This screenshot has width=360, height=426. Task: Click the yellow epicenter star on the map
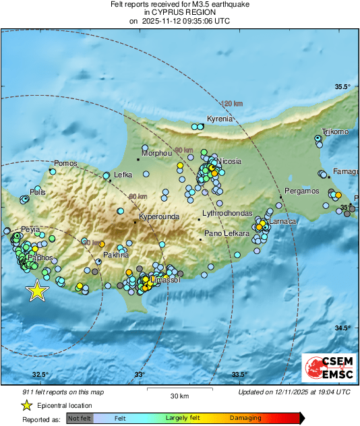click(x=38, y=291)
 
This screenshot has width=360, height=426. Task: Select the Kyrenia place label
click(x=219, y=119)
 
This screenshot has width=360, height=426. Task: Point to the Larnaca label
click(x=282, y=221)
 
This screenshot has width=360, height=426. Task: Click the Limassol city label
click(x=166, y=280)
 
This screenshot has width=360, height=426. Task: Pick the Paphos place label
click(x=42, y=257)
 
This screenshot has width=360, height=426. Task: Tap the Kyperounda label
click(x=160, y=217)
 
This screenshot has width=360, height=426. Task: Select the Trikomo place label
click(x=335, y=131)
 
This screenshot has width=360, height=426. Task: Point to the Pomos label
click(x=66, y=163)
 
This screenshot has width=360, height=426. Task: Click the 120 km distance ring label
click(x=232, y=103)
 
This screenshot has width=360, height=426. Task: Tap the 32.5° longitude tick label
click(x=40, y=375)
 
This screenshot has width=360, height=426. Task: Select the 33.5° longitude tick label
click(x=239, y=375)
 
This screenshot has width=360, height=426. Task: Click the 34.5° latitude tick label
click(x=344, y=328)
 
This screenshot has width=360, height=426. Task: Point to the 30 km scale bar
click(x=179, y=390)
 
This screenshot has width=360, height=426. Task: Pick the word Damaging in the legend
click(x=246, y=419)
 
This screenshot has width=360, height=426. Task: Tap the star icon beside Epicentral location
click(x=26, y=405)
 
